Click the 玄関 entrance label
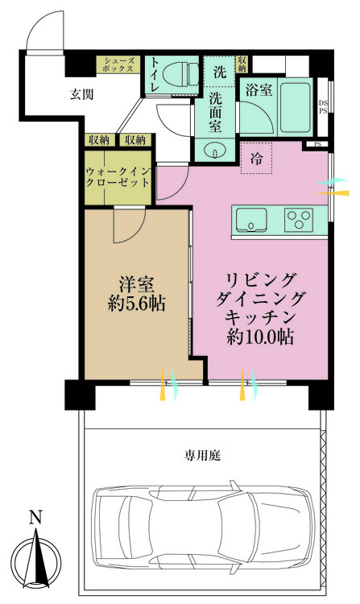(81, 94)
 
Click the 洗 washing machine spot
(219, 70)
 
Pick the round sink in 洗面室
(215, 149)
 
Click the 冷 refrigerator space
(257, 157)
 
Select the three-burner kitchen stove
(300, 218)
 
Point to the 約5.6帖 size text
(134, 306)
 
